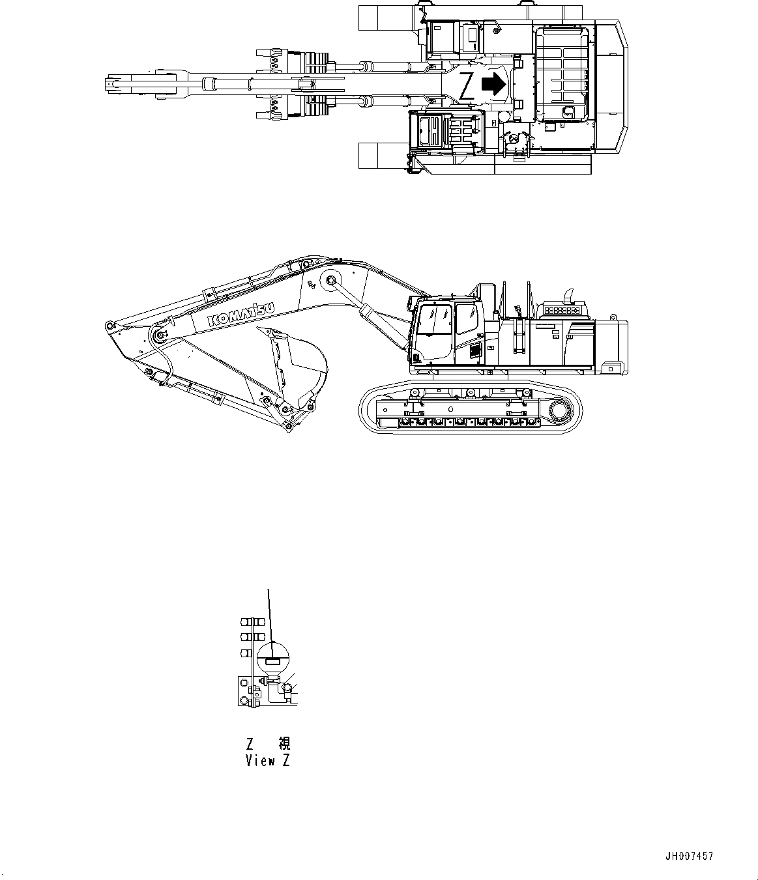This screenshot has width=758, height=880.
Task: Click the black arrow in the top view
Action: (493, 84)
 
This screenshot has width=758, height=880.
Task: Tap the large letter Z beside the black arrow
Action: (466, 86)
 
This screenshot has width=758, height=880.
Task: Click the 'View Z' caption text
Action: (267, 760)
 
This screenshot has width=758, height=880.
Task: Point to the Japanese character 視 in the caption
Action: (284, 743)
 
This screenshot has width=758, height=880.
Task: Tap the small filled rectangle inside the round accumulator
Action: (272, 661)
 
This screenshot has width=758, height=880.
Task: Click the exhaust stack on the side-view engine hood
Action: (567, 294)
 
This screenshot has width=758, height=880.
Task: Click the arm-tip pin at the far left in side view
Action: (109, 324)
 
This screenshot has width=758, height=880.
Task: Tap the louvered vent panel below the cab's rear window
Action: (474, 351)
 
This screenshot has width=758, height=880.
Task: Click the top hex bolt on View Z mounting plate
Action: (244, 683)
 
